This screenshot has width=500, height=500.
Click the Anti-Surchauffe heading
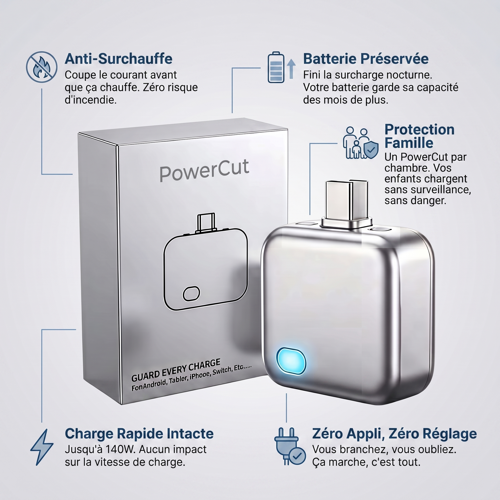tap(118, 59)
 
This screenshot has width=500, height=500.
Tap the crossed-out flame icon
tap(42, 67)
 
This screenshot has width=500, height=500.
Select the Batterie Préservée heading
tap(366, 59)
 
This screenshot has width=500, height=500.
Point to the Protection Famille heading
tap(419, 136)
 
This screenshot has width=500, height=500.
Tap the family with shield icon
tap(360, 143)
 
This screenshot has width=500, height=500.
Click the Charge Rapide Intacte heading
tap(139, 433)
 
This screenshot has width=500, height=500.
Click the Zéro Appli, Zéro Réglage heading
tap(394, 433)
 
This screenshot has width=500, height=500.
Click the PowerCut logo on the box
tap(204, 170)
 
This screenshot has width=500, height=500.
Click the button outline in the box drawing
tap(191, 293)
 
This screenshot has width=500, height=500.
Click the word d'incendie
tap(91, 100)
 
